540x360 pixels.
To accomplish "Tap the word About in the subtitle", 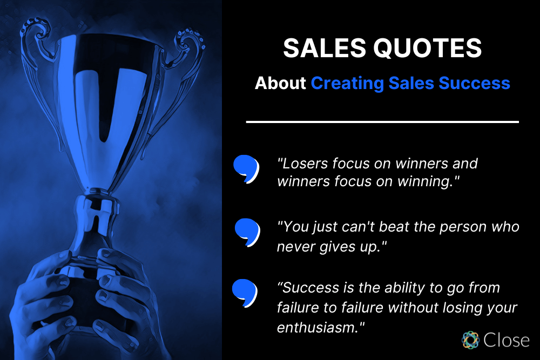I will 280,83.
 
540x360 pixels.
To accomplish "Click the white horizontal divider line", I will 382,122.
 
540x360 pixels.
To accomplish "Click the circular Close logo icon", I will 471,340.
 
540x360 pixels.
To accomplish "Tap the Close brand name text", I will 506,340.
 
